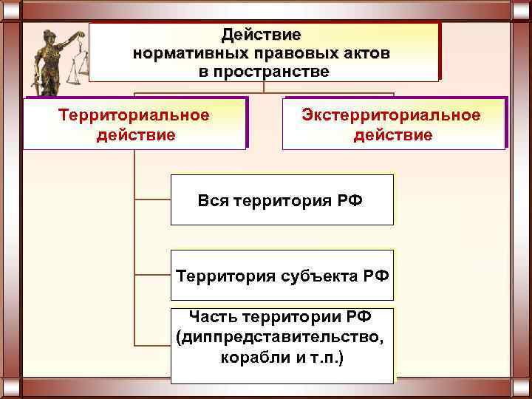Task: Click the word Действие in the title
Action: pos(262,35)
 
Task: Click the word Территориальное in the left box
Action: pos(134,115)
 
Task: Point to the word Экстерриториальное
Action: pos(392,115)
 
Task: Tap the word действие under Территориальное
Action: pos(136,135)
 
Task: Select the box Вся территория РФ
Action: pos(282,200)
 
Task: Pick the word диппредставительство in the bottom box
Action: pos(281,338)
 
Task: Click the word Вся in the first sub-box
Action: pos(213,200)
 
